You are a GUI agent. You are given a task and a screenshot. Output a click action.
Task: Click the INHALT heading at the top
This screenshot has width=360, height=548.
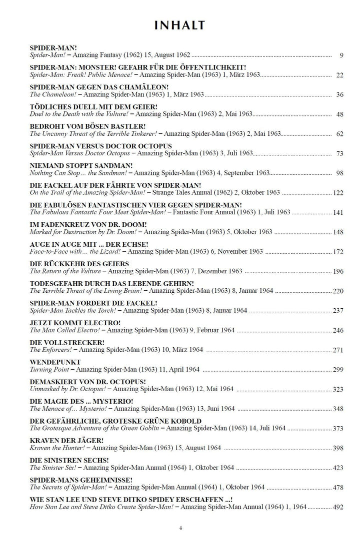[179, 25]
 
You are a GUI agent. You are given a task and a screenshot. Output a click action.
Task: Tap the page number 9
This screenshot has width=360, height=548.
[341, 55]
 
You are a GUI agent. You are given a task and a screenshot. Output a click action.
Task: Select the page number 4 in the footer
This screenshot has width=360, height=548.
[180, 528]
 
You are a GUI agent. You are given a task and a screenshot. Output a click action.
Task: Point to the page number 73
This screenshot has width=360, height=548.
[339, 153]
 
